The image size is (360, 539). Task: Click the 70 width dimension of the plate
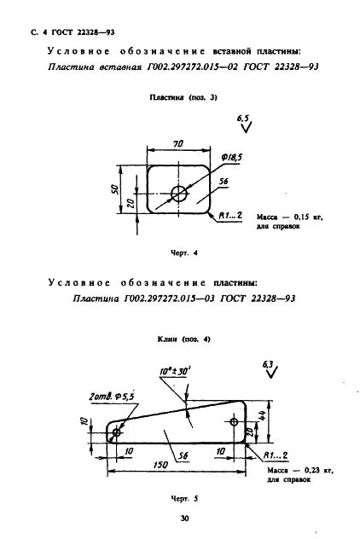(x=178, y=143)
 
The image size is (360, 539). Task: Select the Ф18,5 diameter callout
(x=232, y=158)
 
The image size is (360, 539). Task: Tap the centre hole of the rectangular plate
(x=179, y=194)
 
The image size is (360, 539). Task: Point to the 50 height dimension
(x=115, y=189)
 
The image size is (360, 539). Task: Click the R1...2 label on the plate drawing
(x=230, y=216)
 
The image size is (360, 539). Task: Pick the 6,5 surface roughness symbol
(x=244, y=124)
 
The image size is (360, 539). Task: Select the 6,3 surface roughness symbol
(x=270, y=369)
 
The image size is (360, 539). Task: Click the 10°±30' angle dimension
(x=176, y=372)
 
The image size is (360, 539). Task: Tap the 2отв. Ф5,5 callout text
(x=112, y=397)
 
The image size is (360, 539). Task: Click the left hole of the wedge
(x=117, y=432)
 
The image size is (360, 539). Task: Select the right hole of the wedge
(x=234, y=421)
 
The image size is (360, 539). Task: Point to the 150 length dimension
(x=160, y=465)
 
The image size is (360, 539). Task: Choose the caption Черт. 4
(x=184, y=253)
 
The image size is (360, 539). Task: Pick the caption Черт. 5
(x=184, y=498)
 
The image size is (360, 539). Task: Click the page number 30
(x=184, y=519)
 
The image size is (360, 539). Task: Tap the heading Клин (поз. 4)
(x=184, y=339)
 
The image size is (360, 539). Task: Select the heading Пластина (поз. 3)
(x=183, y=97)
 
